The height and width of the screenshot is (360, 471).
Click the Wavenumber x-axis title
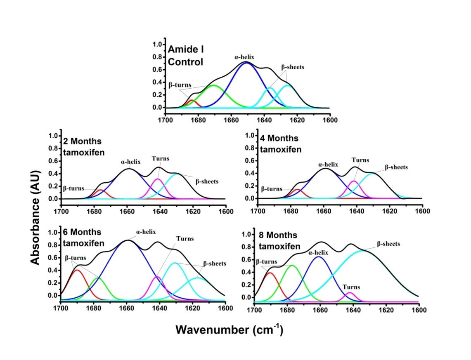[x=229, y=330]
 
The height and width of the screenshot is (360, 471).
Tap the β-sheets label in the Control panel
[x=293, y=67]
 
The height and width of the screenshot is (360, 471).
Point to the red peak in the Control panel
[x=191, y=100]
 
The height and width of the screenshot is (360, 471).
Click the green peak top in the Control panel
[x=213, y=85]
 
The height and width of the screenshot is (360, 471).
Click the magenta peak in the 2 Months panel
[x=158, y=179]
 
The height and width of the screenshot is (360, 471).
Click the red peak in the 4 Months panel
[x=297, y=190]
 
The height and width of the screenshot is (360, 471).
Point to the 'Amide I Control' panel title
[x=186, y=56]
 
